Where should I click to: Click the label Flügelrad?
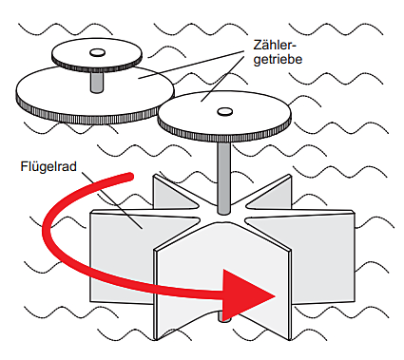[x=48, y=166]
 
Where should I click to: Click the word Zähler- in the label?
[x=275, y=45]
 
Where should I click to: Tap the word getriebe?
[x=278, y=60]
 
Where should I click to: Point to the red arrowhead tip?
[x=275, y=296]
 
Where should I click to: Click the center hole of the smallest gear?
[x=97, y=52]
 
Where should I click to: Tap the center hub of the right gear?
[x=224, y=111]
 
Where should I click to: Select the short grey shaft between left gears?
[x=97, y=82]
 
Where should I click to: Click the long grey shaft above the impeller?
[x=224, y=178]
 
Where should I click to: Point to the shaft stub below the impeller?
[x=223, y=316]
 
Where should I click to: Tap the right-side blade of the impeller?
[x=317, y=254]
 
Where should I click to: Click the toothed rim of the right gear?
[x=224, y=136]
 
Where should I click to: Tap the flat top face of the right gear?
[x=224, y=112]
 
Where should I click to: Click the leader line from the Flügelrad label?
[x=111, y=200]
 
